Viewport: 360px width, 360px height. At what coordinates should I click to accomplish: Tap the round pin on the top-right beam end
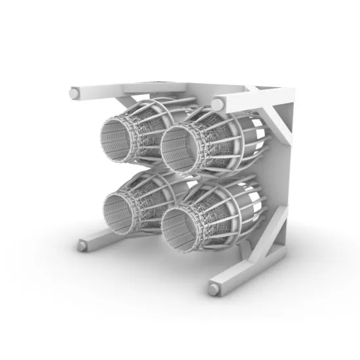217,105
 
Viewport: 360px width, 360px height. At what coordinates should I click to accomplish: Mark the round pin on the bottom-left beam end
82,245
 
